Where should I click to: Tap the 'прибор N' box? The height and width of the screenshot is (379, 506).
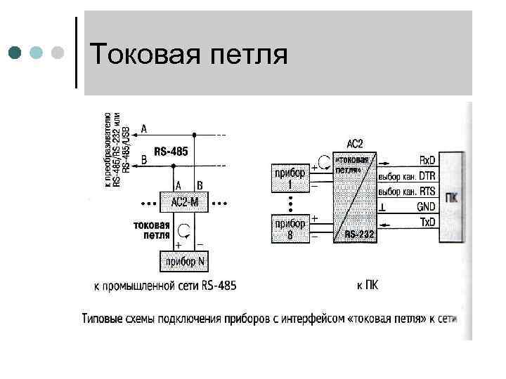(x=185, y=262)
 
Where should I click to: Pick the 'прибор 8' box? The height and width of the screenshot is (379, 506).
(x=289, y=229)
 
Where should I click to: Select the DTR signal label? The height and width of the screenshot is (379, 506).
(x=427, y=175)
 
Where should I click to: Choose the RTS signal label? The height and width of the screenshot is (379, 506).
(x=427, y=191)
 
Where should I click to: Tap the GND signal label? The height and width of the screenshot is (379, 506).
(x=426, y=207)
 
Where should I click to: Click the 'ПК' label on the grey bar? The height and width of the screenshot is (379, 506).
(x=453, y=197)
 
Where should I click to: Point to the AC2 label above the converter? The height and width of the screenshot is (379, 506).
(x=355, y=144)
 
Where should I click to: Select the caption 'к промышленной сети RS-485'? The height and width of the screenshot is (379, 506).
(x=165, y=286)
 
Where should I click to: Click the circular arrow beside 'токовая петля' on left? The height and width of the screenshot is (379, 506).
(x=185, y=230)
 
